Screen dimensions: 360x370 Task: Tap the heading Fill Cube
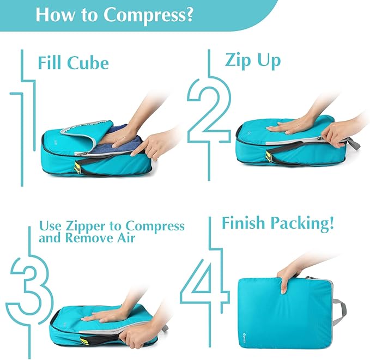(73, 63)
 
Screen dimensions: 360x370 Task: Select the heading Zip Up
(253, 60)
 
